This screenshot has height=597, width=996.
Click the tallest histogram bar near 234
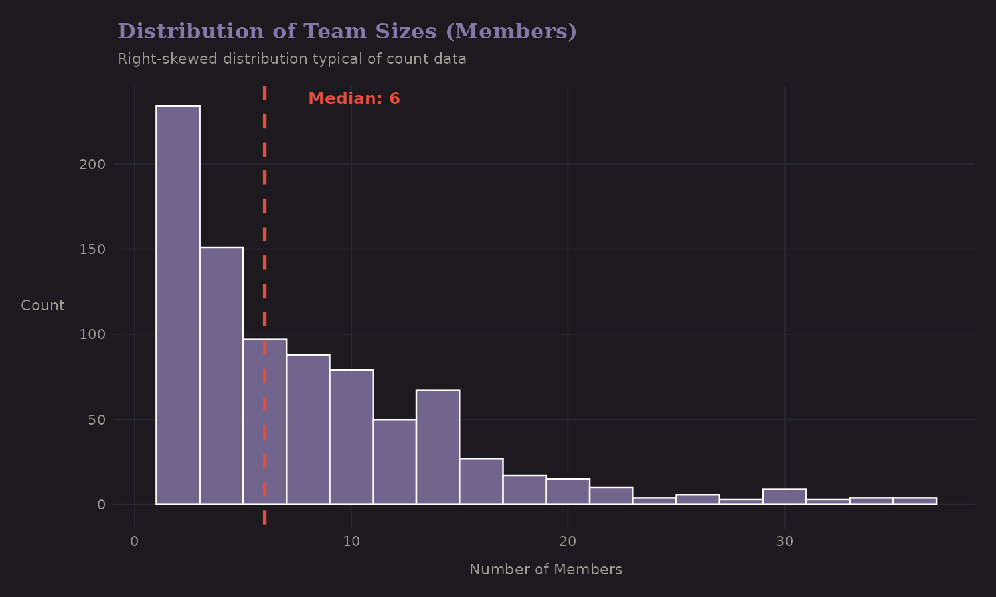pyautogui.click(x=178, y=305)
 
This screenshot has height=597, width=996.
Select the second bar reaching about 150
pyautogui.click(x=221, y=376)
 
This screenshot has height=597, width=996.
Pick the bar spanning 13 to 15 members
pyautogui.click(x=438, y=448)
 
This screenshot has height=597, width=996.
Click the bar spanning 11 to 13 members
pyautogui.click(x=394, y=462)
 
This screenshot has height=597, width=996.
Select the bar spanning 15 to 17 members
pyautogui.click(x=481, y=482)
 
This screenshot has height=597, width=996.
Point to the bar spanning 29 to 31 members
pyautogui.click(x=784, y=497)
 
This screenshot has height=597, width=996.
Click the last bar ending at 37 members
pyautogui.click(x=914, y=501)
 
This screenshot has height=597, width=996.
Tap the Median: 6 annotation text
pyautogui.click(x=354, y=99)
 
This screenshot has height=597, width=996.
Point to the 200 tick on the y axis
pyautogui.click(x=92, y=165)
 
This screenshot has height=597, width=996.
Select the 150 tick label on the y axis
pyautogui.click(x=92, y=249)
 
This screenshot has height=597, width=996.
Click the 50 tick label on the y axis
pyautogui.click(x=96, y=420)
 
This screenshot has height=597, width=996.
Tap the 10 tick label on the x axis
pyautogui.click(x=351, y=541)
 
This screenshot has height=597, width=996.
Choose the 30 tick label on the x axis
pyautogui.click(x=784, y=541)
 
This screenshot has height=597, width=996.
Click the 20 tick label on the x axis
pyautogui.click(x=568, y=541)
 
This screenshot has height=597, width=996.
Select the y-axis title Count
pyautogui.click(x=42, y=306)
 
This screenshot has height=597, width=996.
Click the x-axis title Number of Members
pyautogui.click(x=545, y=570)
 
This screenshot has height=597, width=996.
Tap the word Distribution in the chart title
pyautogui.click(x=191, y=31)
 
